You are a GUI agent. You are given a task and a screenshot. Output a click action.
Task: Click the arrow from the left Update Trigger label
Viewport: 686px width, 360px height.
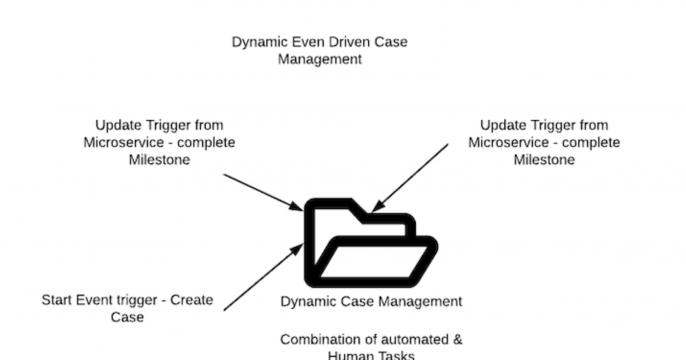click(262, 192)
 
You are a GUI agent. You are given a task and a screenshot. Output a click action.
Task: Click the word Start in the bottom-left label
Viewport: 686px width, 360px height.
click(58, 300)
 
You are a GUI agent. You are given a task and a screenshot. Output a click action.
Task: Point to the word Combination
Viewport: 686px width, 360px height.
click(320, 339)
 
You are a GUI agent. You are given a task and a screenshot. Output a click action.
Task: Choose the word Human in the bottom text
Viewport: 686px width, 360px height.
click(349, 355)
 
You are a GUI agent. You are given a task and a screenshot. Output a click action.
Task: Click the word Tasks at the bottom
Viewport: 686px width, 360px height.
click(394, 355)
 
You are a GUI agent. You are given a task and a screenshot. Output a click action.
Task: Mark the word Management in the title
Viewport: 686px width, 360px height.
click(319, 59)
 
